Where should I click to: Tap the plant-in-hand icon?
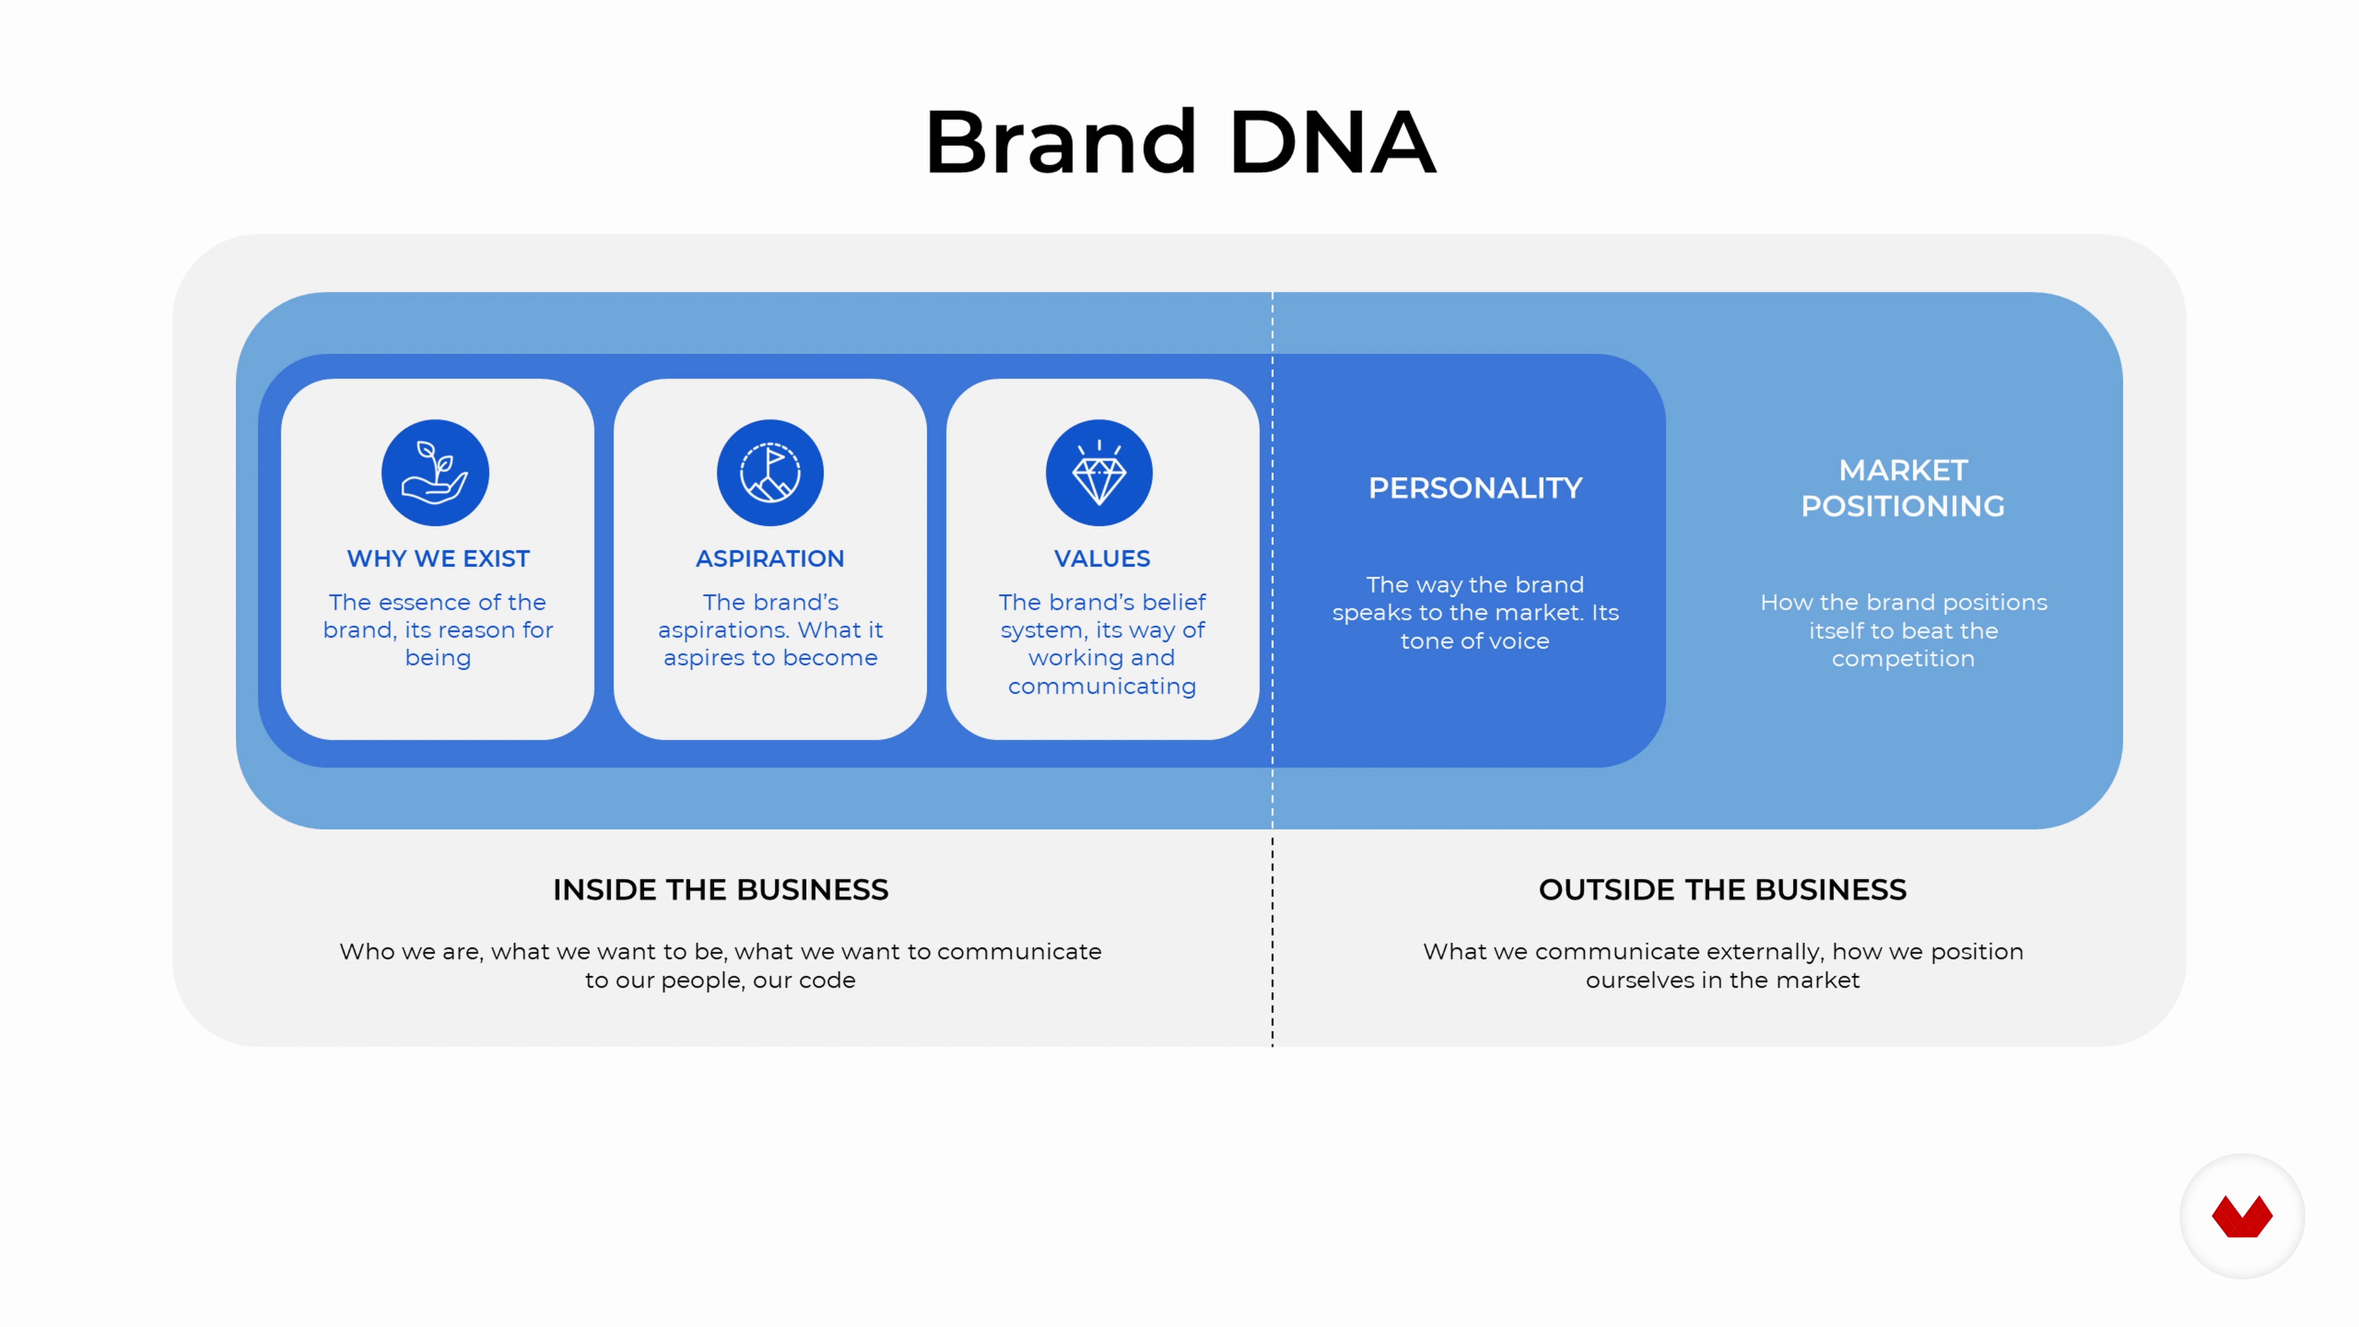click(435, 472)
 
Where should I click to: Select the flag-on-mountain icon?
click(770, 472)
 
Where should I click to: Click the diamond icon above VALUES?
click(1099, 472)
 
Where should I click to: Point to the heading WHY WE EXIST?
click(438, 558)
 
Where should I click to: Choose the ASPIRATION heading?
click(770, 558)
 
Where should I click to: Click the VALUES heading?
click(1101, 558)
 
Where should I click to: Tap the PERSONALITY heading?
click(1475, 488)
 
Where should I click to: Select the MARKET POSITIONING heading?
click(1903, 488)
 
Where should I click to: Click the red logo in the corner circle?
click(2242, 1216)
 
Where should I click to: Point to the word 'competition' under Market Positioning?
click(1903, 659)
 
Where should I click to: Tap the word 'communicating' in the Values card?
click(1101, 687)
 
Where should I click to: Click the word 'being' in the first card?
click(438, 659)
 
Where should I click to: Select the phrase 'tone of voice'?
click(1475, 641)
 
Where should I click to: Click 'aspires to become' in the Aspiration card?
click(770, 659)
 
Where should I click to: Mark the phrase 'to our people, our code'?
click(721, 981)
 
